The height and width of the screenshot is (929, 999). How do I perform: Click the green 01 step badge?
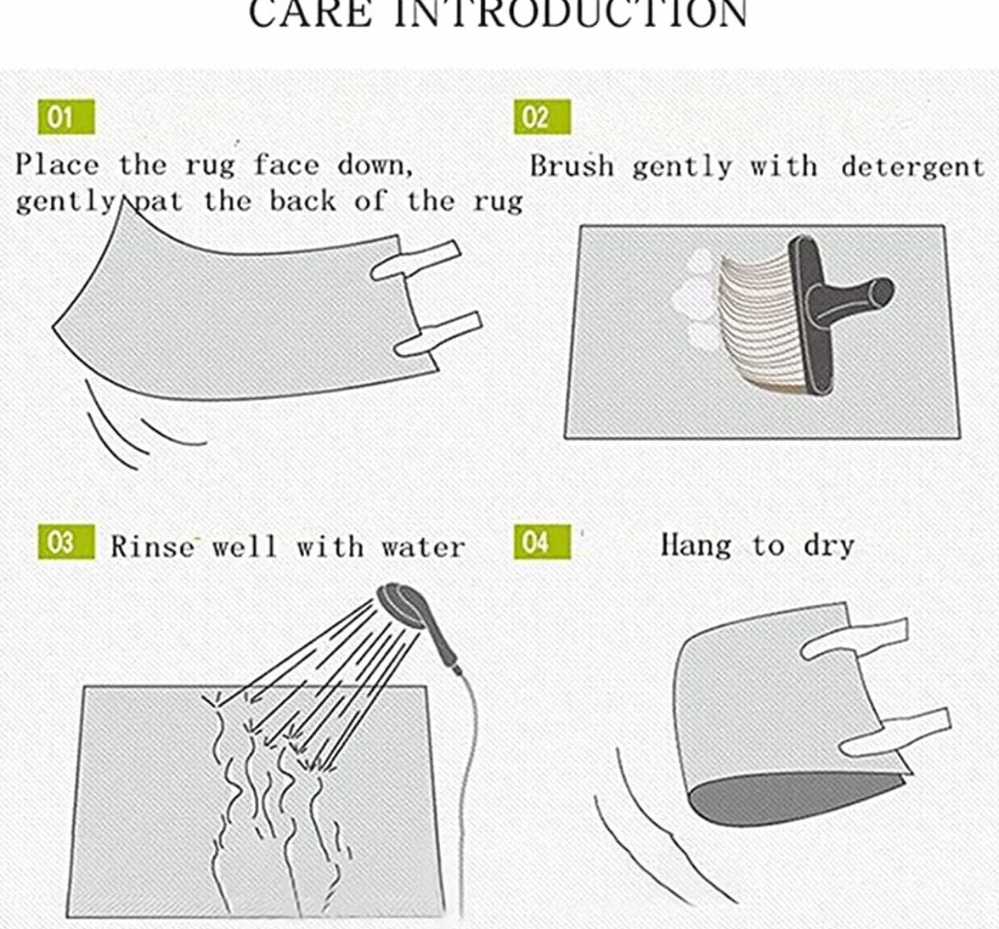(66, 117)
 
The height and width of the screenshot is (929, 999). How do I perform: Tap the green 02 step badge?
(542, 117)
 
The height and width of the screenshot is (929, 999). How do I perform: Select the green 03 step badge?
(66, 543)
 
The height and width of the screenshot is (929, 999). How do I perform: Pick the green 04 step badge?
(542, 543)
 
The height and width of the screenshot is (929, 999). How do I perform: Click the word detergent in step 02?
(912, 166)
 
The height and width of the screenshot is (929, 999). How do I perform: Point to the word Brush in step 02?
(572, 166)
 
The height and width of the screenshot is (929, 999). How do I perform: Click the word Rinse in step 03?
(152, 547)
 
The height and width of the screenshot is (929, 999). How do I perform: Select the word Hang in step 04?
(696, 546)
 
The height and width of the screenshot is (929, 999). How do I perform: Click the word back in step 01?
(302, 201)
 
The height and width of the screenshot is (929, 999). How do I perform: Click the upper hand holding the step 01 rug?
(415, 260)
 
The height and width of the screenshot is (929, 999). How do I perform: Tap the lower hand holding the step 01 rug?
(438, 335)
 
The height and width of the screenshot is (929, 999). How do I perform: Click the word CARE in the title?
(310, 14)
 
